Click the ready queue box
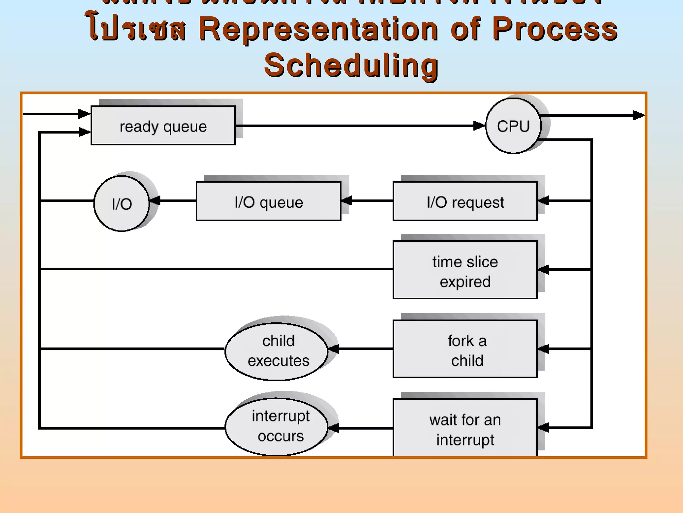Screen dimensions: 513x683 click(163, 126)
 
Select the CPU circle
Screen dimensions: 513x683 click(513, 126)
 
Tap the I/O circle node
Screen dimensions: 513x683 click(122, 204)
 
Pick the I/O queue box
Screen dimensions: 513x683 click(268, 201)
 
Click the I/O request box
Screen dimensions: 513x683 click(465, 201)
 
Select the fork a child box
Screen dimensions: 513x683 click(465, 349)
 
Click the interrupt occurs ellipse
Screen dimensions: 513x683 click(277, 426)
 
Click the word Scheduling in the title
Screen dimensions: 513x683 click(351, 66)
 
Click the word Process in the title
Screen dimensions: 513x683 click(555, 29)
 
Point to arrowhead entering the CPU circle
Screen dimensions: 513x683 click(480, 126)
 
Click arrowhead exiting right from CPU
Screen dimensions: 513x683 click(639, 115)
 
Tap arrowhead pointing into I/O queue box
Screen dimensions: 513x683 click(347, 201)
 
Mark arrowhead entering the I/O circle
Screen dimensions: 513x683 click(155, 201)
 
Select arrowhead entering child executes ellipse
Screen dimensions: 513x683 click(334, 349)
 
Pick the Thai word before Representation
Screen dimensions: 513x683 click(137, 29)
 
